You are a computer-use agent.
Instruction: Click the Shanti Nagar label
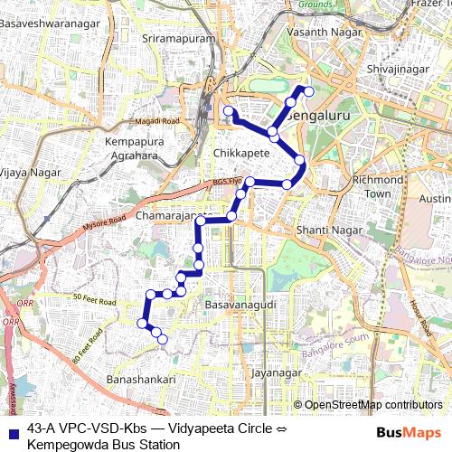320,231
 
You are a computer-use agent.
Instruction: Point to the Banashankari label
140,380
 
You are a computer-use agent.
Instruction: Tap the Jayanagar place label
274,372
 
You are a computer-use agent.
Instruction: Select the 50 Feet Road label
96,299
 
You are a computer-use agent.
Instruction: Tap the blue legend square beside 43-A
12,429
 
